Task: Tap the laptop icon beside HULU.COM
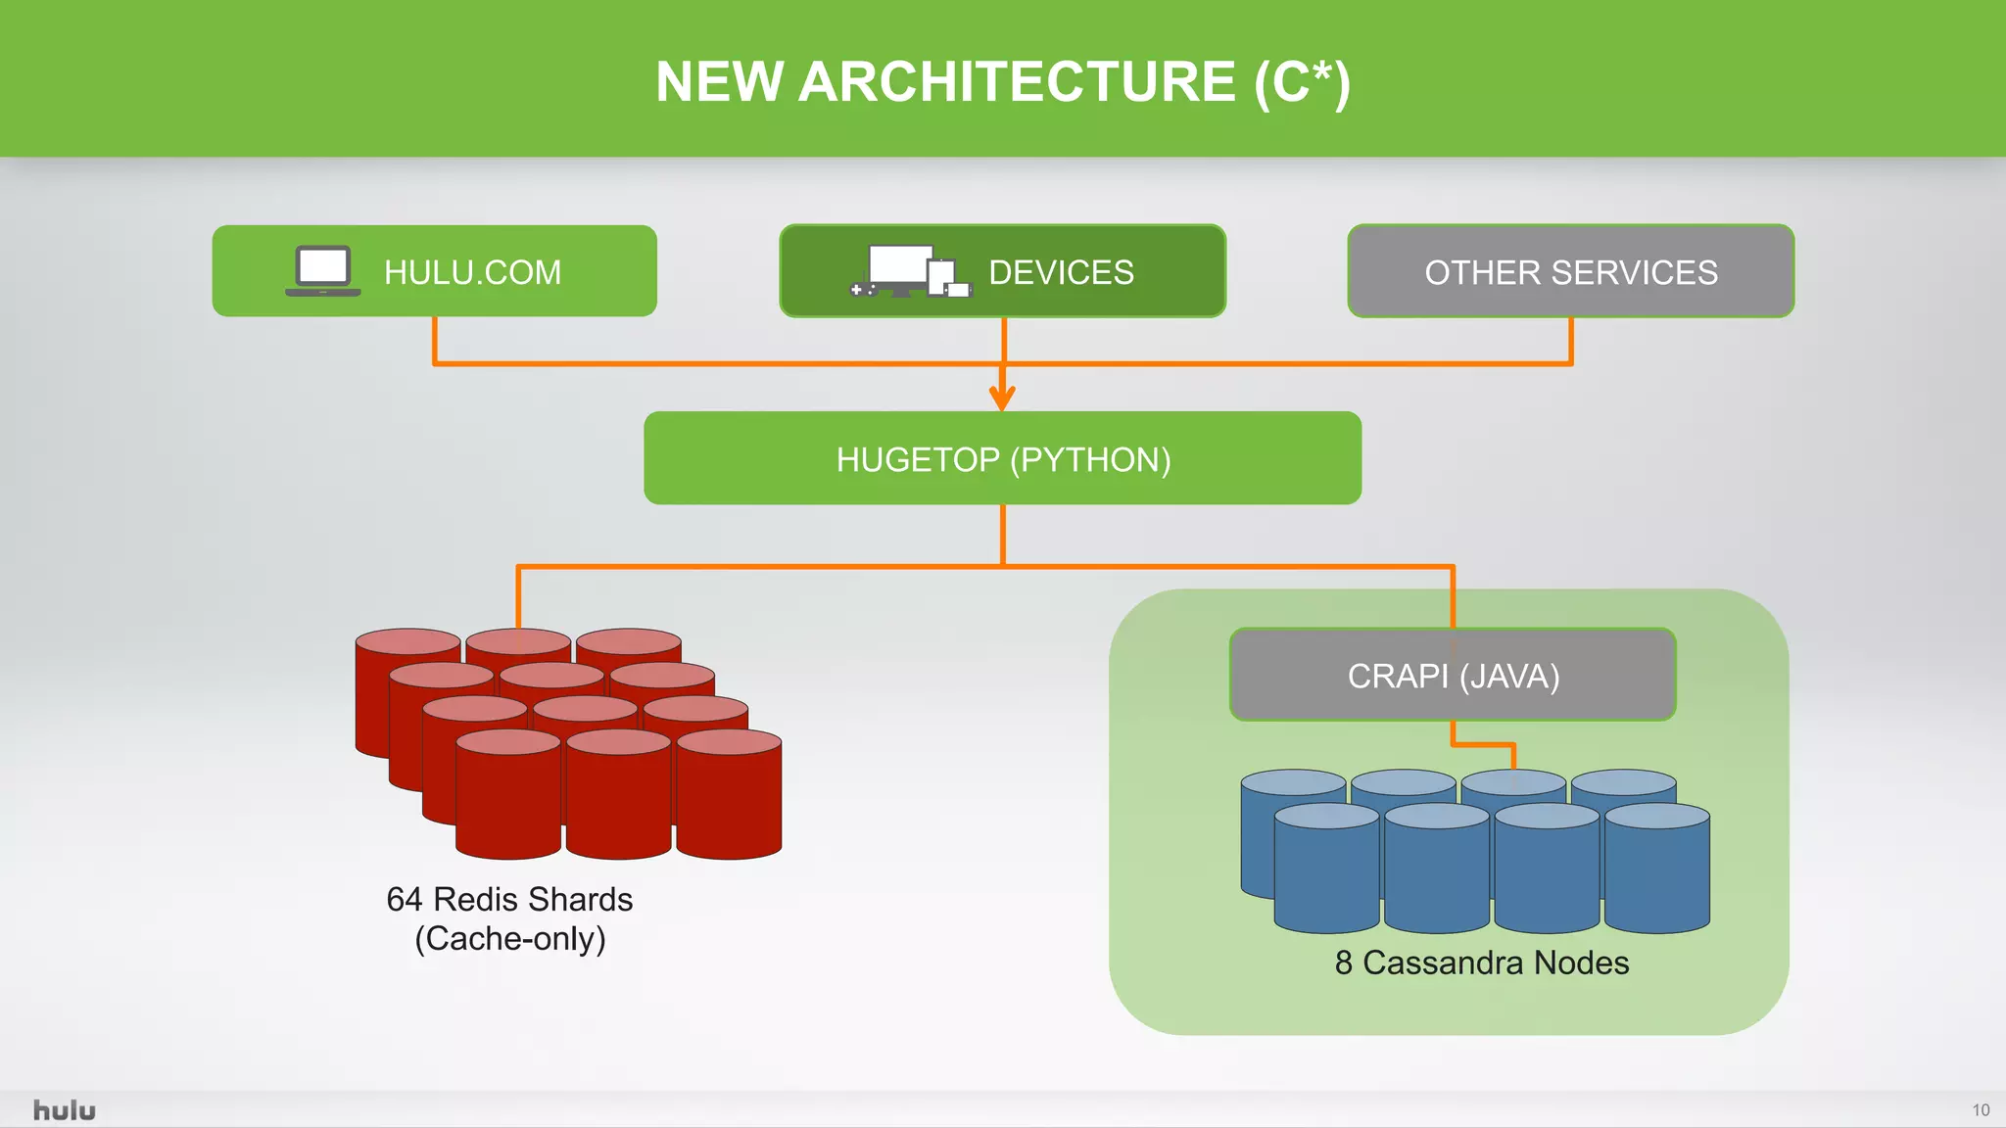click(x=322, y=270)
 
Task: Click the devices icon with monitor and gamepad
click(x=910, y=271)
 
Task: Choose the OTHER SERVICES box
click(x=1570, y=271)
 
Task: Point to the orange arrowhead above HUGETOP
click(x=1002, y=398)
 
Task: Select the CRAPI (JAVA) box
click(x=1453, y=676)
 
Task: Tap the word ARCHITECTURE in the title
click(x=1017, y=81)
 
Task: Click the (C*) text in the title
click(x=1302, y=81)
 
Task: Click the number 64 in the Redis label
click(x=404, y=899)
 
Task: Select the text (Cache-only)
click(x=509, y=938)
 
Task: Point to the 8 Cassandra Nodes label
click(x=1481, y=963)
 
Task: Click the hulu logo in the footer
click(x=64, y=1110)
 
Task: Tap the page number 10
click(x=1981, y=1110)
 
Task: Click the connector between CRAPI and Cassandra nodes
click(x=1483, y=745)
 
